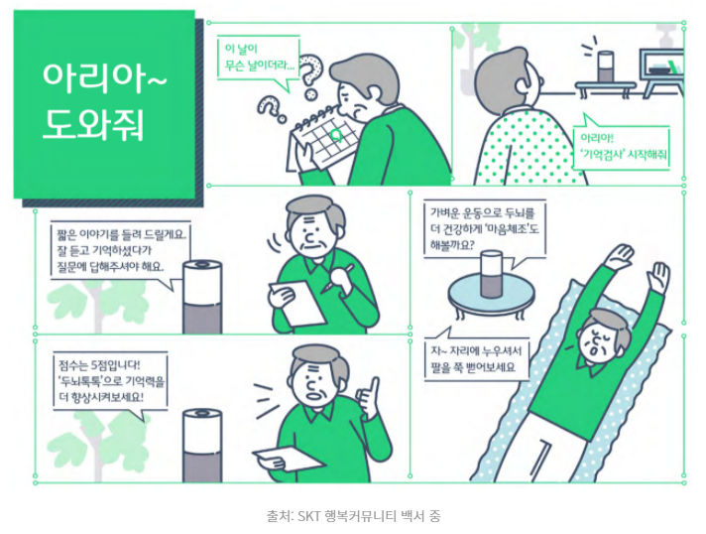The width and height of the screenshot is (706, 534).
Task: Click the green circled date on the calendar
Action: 335,134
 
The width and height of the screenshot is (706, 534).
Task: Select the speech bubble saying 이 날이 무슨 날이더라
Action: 258,61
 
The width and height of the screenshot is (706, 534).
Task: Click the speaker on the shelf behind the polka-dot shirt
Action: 606,67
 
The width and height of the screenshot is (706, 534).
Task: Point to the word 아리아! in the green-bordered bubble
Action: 597,137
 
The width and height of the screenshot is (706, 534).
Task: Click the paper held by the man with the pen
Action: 297,302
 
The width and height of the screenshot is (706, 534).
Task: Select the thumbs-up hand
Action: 368,398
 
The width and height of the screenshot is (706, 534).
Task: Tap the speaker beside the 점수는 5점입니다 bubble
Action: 202,446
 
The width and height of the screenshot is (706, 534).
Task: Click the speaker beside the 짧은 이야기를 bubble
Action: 202,297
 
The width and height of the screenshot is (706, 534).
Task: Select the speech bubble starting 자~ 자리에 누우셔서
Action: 477,357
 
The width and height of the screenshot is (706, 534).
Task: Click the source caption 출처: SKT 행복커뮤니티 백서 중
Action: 354,515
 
